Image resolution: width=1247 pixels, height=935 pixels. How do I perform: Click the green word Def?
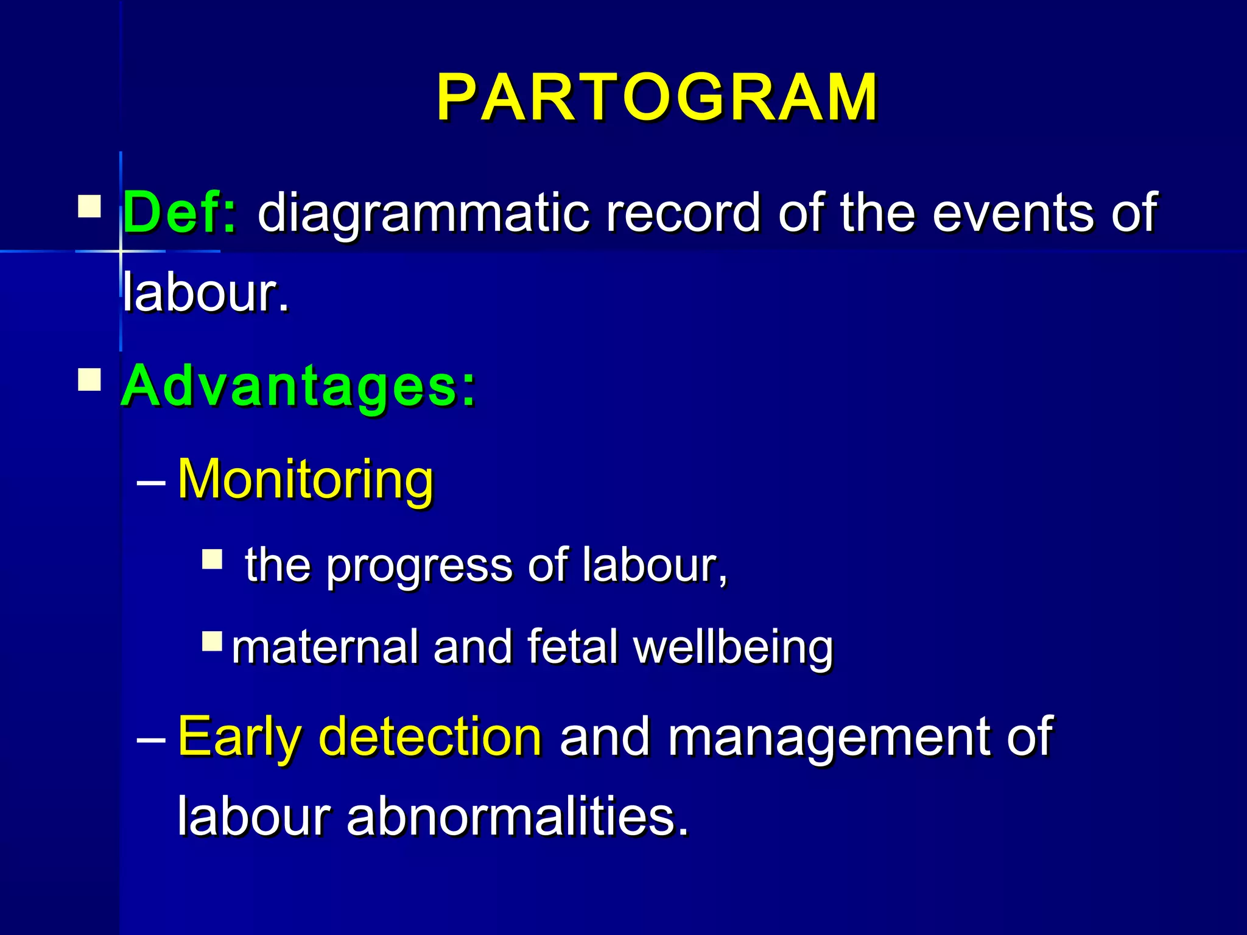180,212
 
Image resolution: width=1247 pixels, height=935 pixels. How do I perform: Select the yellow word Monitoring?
306,480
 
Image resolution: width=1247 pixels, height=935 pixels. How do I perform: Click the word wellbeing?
733,648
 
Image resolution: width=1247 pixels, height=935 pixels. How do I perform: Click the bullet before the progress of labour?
213,559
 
